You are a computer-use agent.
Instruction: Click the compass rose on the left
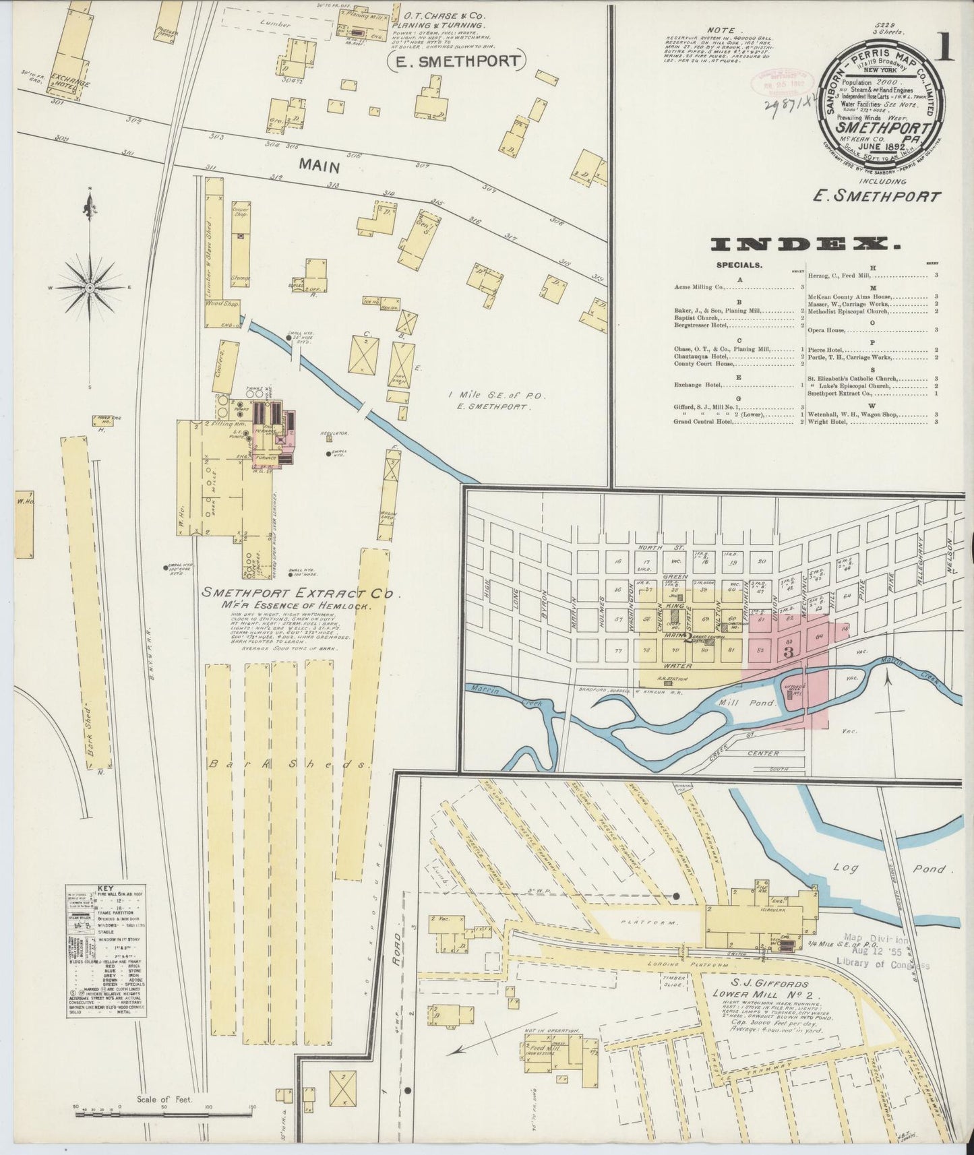(x=92, y=287)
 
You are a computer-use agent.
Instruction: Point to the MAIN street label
(x=318, y=164)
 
